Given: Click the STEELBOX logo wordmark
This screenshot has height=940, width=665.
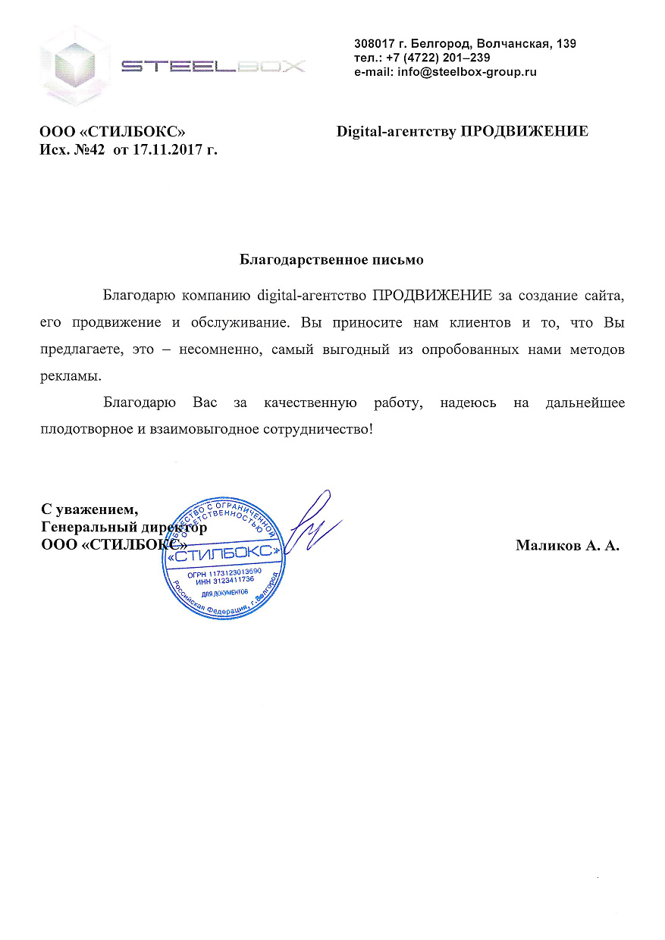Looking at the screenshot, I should pos(214,67).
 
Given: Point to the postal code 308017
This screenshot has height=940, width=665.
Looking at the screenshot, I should pos(377,43).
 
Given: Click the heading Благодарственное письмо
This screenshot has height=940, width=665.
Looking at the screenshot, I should pos(331,260).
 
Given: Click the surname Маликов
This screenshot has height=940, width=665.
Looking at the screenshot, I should pos(547,545).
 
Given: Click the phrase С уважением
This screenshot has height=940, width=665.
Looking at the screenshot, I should pos(89,509).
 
